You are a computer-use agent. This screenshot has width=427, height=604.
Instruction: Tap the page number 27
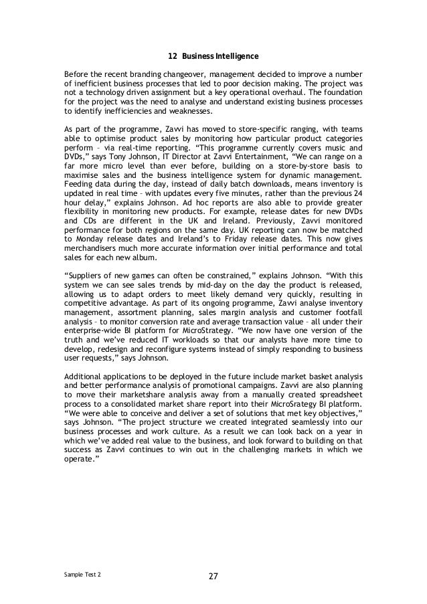[x=213, y=577]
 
